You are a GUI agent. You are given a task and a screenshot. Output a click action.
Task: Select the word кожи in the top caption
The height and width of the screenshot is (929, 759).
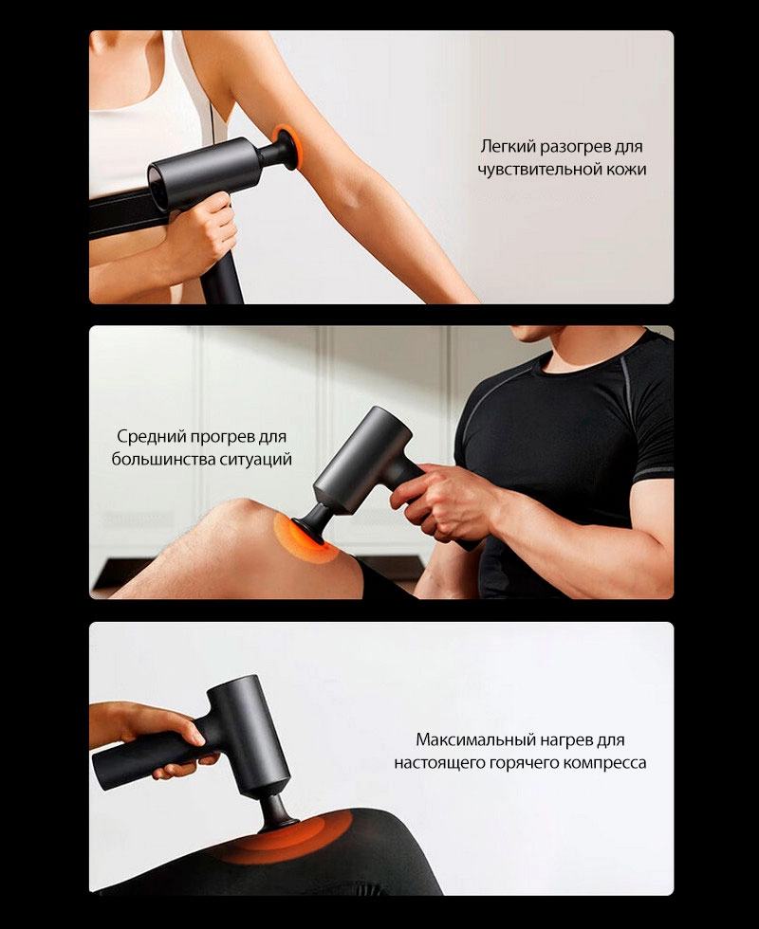tap(626, 170)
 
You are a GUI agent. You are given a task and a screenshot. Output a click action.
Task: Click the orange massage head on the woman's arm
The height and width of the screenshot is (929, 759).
tap(288, 146)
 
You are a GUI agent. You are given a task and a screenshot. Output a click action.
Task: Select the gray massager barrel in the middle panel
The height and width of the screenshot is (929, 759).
tap(361, 459)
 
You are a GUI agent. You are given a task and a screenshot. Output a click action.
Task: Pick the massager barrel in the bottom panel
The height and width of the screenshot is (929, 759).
tap(249, 735)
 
